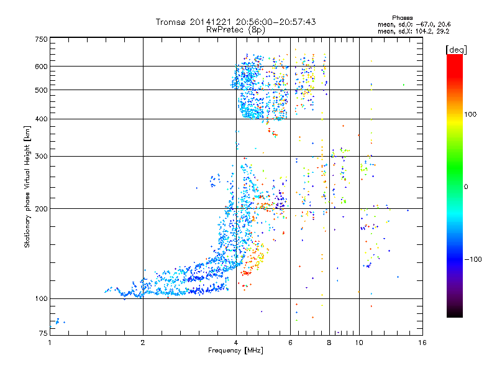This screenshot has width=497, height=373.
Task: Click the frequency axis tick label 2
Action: (143, 342)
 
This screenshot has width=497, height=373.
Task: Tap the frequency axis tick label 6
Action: (290, 342)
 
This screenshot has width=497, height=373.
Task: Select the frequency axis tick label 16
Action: (422, 342)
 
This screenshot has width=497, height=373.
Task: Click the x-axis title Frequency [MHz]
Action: (235, 351)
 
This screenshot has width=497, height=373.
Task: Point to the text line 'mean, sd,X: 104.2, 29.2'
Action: (413, 30)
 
